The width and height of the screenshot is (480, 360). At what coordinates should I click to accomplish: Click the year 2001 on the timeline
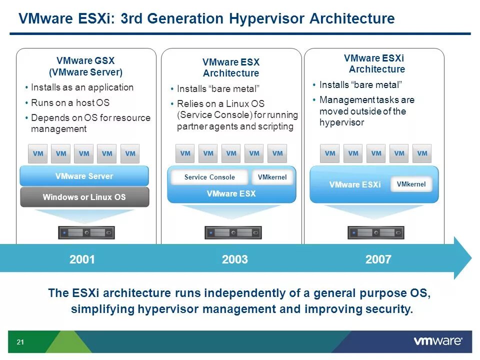(82, 259)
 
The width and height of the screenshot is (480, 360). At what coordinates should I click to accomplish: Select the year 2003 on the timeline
(235, 259)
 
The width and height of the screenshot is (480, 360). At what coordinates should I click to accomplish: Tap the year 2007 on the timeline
(378, 259)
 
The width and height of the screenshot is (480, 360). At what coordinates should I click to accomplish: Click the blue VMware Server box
(84, 176)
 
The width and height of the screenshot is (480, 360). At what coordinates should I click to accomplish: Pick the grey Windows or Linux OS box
(84, 197)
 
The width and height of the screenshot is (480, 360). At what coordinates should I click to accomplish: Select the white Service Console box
(209, 177)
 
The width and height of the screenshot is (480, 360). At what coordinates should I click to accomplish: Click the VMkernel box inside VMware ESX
(272, 177)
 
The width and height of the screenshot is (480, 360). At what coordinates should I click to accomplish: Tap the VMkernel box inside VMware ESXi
(411, 184)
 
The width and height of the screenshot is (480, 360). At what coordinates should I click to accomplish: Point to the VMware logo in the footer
(438, 342)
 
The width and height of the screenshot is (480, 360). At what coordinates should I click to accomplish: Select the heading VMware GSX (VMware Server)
(85, 66)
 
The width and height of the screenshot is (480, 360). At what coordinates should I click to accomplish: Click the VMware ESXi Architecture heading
(374, 64)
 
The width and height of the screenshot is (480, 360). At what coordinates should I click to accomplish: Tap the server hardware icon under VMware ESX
(232, 232)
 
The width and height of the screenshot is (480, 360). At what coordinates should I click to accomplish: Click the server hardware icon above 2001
(86, 232)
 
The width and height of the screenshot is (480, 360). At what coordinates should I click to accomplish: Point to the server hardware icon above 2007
(375, 232)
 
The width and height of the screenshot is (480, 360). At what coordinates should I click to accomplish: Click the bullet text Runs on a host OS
(70, 103)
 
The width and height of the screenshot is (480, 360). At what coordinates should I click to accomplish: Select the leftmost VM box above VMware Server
(38, 154)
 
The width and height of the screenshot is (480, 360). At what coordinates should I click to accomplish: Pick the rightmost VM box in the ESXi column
(422, 153)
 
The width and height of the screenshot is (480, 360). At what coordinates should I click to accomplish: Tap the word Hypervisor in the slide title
(267, 19)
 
